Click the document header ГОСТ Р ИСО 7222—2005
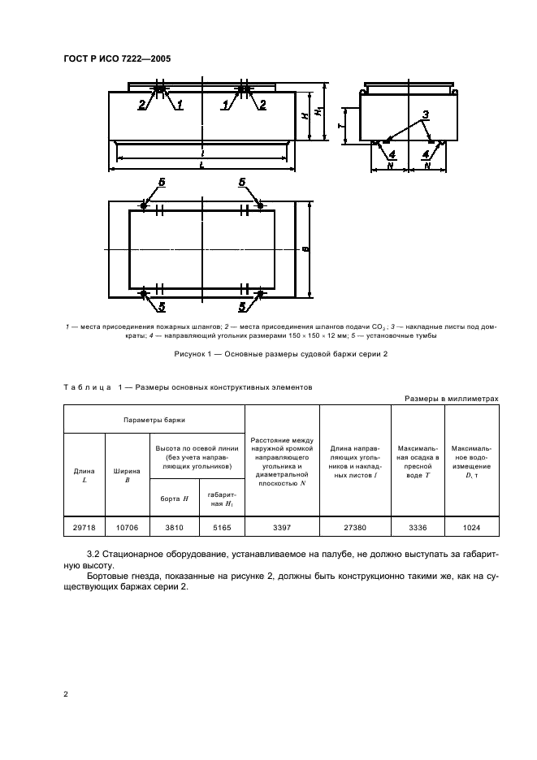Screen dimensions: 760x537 pos(118,58)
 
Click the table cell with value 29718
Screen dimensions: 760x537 pos(84,528)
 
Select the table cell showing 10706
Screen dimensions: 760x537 pos(126,528)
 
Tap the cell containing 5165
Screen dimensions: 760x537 pos(220,528)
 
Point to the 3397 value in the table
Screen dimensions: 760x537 pos(283,528)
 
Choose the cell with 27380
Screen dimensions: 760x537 pos(356,528)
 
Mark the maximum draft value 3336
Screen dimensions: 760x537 pos(418,528)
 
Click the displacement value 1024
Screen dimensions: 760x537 pos(472,528)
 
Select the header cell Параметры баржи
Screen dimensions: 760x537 pos(154,420)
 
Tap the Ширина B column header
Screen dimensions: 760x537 pos(126,475)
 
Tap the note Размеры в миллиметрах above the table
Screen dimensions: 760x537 pos(451,398)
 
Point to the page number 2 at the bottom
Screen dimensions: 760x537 pos(65,694)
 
